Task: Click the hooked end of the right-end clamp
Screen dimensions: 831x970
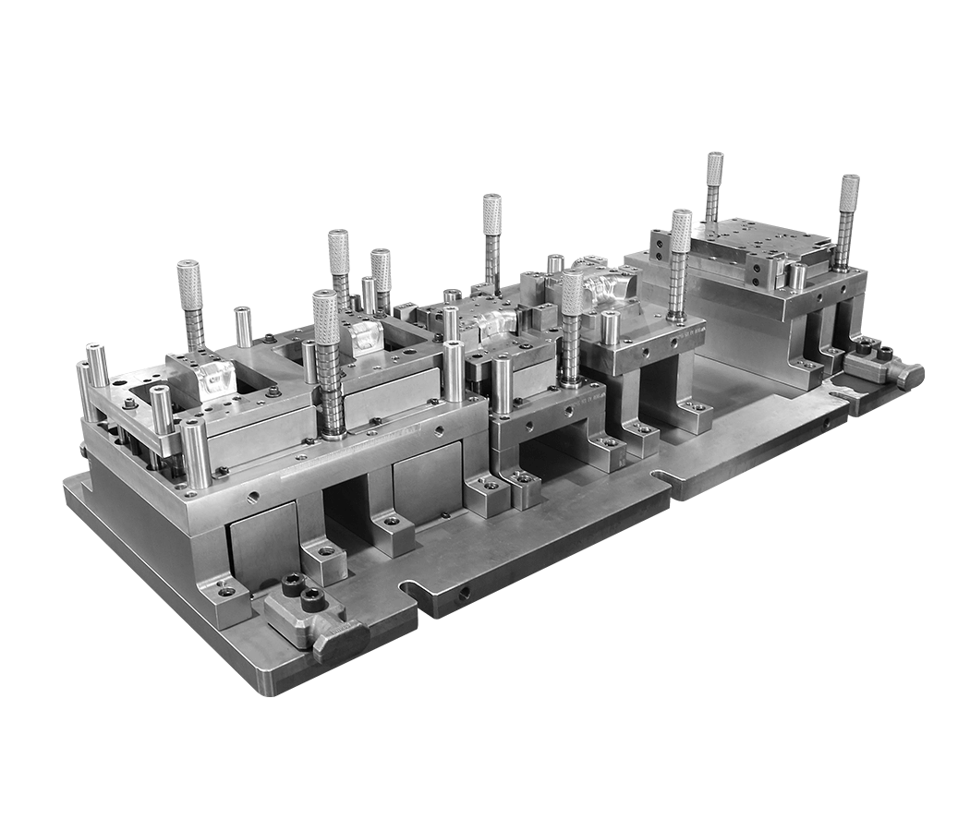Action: pos(910,374)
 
